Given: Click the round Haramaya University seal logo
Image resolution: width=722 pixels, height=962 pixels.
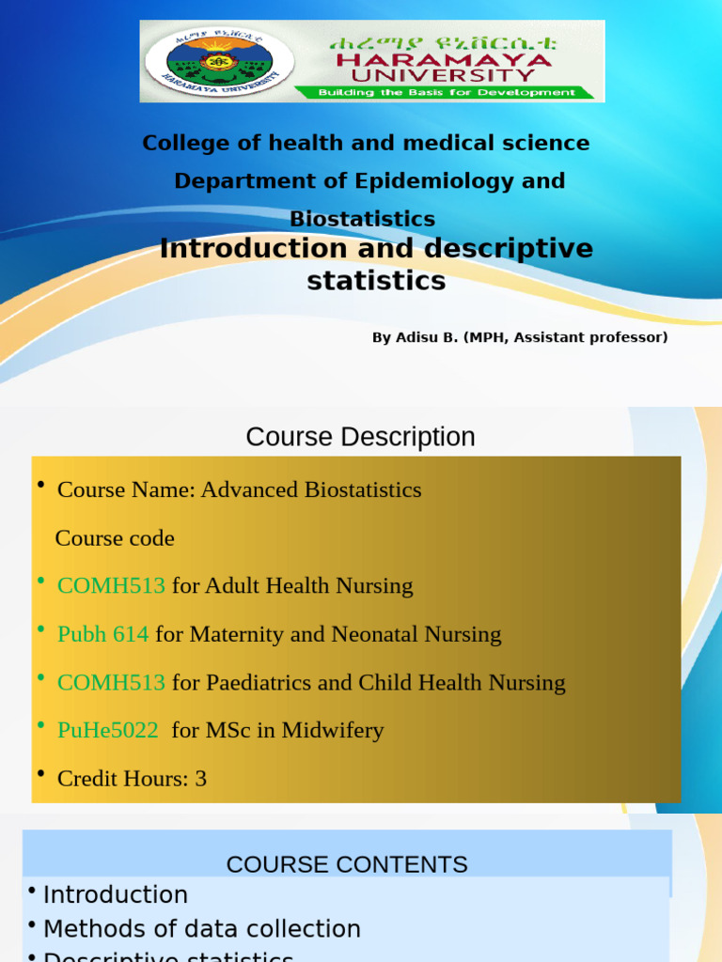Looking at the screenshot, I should coord(218,61).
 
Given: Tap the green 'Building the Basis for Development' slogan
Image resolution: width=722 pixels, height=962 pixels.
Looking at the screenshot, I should coord(447,93).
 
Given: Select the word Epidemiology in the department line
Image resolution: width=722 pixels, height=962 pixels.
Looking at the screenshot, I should coord(434,180).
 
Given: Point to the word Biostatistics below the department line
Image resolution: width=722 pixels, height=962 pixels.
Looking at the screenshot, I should coord(362,219).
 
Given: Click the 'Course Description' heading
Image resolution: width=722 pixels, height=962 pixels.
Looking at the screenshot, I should coord(360,437).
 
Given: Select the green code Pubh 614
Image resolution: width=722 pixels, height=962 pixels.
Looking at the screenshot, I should coord(102,634).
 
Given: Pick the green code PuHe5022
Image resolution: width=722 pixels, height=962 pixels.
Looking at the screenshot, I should coord(107,730).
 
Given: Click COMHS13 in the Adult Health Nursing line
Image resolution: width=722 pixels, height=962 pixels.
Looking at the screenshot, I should coord(111,586).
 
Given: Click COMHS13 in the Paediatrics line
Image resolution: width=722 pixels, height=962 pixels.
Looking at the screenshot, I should coord(111,682).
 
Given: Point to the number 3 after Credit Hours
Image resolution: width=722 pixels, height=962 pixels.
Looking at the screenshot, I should coord(200,778).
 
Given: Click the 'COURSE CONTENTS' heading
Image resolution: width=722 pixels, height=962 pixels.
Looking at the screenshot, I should coord(347,864).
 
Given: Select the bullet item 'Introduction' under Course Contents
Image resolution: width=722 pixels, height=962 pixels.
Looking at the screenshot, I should coord(115,895).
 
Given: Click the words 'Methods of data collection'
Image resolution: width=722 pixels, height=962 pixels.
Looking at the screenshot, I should coord(201,929).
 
